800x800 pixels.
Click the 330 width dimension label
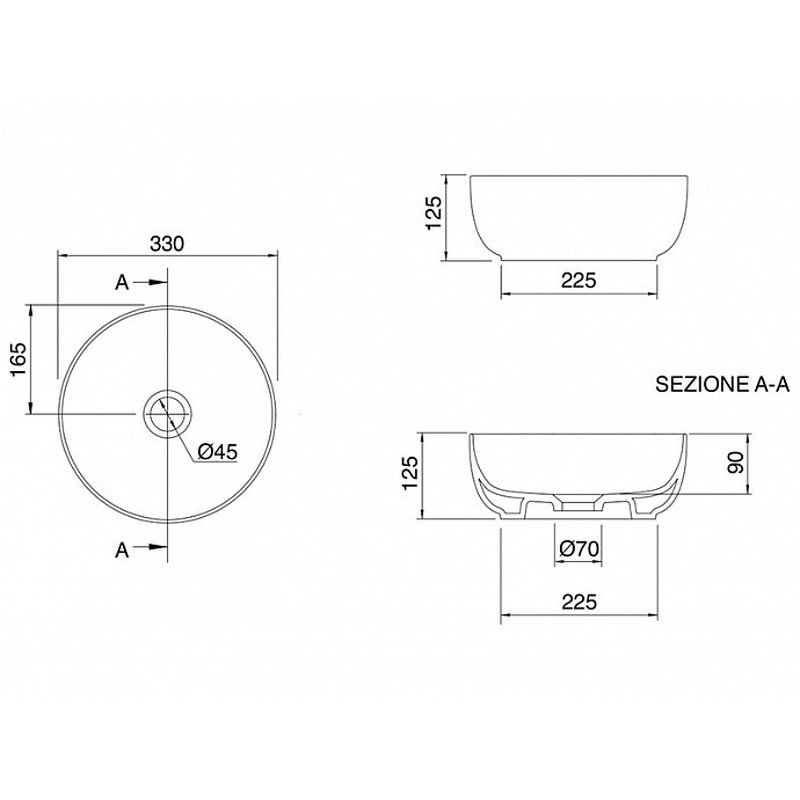167,244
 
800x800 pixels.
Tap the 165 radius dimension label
18,360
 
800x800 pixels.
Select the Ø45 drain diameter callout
218,451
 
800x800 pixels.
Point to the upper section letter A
122,282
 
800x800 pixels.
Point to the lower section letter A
122,551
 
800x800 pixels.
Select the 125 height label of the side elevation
434,213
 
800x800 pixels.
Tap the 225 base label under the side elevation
579,280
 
